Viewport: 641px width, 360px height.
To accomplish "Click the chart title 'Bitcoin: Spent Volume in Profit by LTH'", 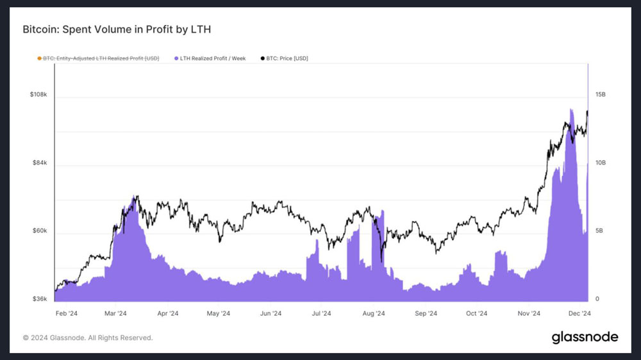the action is tap(117, 29).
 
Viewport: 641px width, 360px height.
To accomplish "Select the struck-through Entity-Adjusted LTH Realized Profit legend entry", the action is tap(98, 58).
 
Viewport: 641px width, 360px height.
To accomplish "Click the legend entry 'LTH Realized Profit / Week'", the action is tap(210, 58).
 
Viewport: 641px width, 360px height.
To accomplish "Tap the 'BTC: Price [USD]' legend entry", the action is tap(285, 58).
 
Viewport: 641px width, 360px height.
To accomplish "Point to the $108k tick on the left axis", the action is tap(38, 94).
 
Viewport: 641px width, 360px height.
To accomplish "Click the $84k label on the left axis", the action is tap(40, 163).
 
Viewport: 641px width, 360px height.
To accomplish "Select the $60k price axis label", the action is tap(40, 231).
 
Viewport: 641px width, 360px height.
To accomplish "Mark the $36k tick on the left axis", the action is tap(40, 299).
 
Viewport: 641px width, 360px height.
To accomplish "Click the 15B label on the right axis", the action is tap(601, 94).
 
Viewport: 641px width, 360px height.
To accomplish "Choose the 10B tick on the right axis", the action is tap(601, 163).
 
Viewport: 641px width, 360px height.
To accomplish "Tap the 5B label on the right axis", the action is tap(599, 231).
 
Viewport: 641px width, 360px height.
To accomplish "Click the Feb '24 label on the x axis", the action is tap(66, 313).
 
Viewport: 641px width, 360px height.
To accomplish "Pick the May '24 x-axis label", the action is tap(219, 313).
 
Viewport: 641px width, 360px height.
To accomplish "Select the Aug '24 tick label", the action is tap(374, 313).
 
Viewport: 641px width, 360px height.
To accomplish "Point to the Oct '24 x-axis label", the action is tap(477, 313).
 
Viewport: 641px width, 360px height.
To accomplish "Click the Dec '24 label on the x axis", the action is tap(579, 313).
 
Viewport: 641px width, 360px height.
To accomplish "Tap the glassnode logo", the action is tap(585, 338).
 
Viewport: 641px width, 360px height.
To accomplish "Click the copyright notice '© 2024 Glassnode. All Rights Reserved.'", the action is tap(87, 338).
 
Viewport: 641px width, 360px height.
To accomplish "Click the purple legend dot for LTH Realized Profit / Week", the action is tap(176, 58).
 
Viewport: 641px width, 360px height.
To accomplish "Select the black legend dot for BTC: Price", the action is tap(262, 58).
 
